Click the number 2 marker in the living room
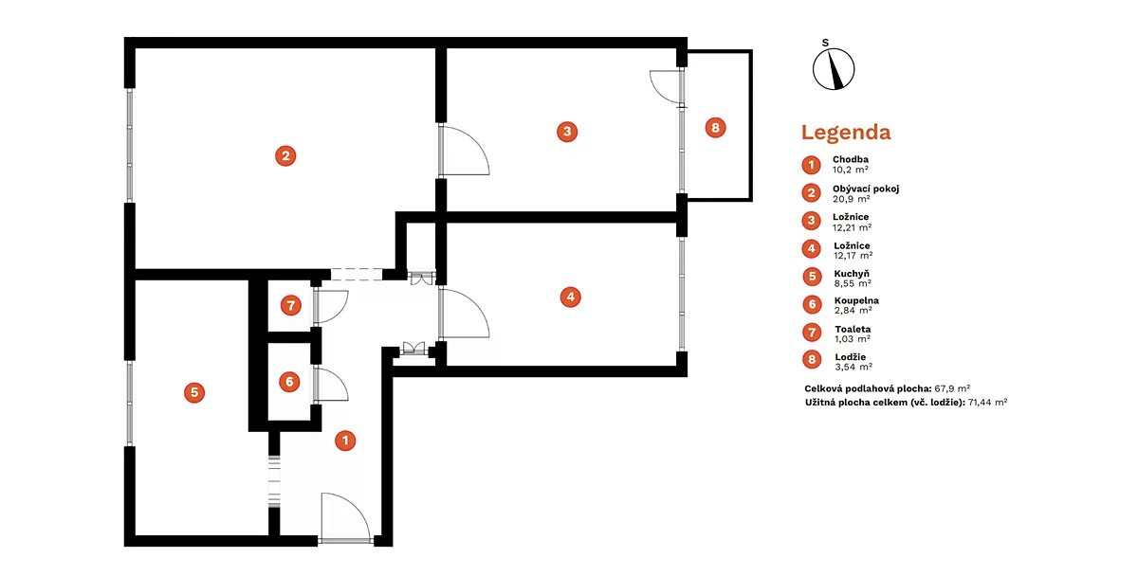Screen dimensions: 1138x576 point(285,155)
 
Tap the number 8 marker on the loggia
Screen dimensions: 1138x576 point(715,127)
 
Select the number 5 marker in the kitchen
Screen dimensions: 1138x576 point(194,392)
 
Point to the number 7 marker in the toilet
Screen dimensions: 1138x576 point(290,305)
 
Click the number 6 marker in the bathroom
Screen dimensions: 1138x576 point(289,382)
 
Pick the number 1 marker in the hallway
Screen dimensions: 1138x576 point(345,441)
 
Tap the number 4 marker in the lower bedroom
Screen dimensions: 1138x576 point(571,297)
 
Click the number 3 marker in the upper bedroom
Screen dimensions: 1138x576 point(567,132)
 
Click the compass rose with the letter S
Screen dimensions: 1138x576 point(834,65)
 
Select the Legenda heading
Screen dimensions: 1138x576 point(846,133)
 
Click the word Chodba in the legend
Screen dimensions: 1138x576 point(851,159)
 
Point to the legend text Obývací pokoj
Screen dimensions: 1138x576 point(866,189)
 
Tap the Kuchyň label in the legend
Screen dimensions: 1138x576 point(852,274)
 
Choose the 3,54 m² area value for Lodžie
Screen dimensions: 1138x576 point(853,367)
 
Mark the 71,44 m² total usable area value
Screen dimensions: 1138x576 point(987,403)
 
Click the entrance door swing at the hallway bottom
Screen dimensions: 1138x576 point(346,517)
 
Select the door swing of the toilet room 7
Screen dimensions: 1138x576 point(331,307)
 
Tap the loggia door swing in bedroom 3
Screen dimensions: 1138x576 point(666,87)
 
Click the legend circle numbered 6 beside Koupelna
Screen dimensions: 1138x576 point(812,304)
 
